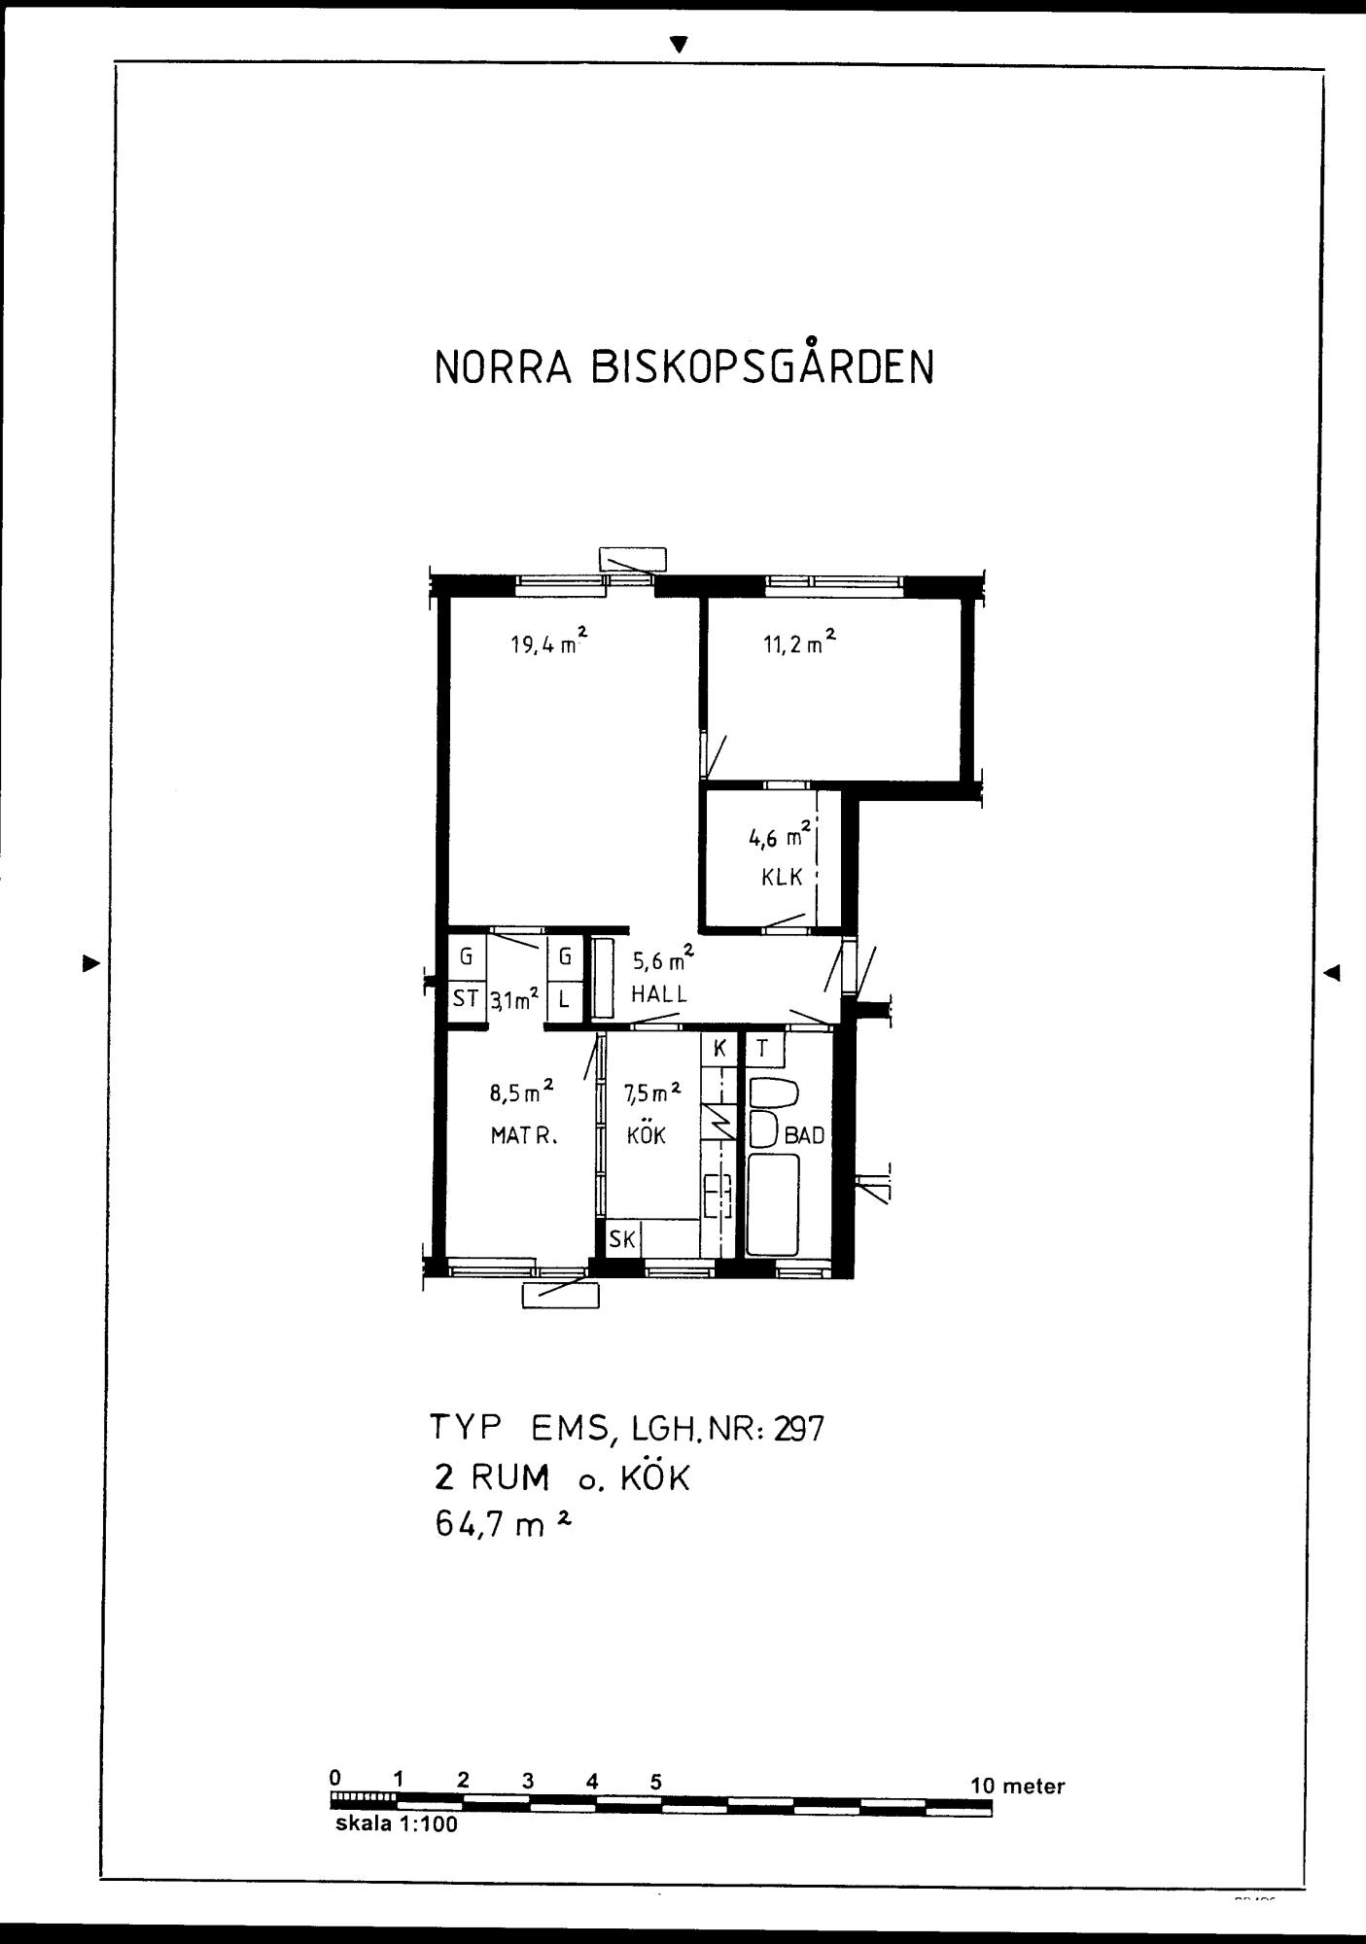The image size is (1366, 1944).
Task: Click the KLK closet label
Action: [782, 877]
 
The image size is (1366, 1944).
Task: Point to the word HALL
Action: [659, 994]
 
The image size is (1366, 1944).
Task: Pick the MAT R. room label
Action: [524, 1135]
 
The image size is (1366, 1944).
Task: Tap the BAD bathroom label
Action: [804, 1134]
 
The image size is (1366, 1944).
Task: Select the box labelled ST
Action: [466, 998]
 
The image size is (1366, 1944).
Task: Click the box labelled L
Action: [564, 998]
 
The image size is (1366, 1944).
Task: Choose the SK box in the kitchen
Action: [621, 1239]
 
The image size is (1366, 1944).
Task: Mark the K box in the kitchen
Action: [720, 1049]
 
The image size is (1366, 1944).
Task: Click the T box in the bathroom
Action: [763, 1049]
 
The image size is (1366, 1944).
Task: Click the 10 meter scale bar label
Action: [1017, 1787]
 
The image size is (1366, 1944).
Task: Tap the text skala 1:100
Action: [396, 1824]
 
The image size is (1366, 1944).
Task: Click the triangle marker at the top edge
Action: [680, 45]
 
